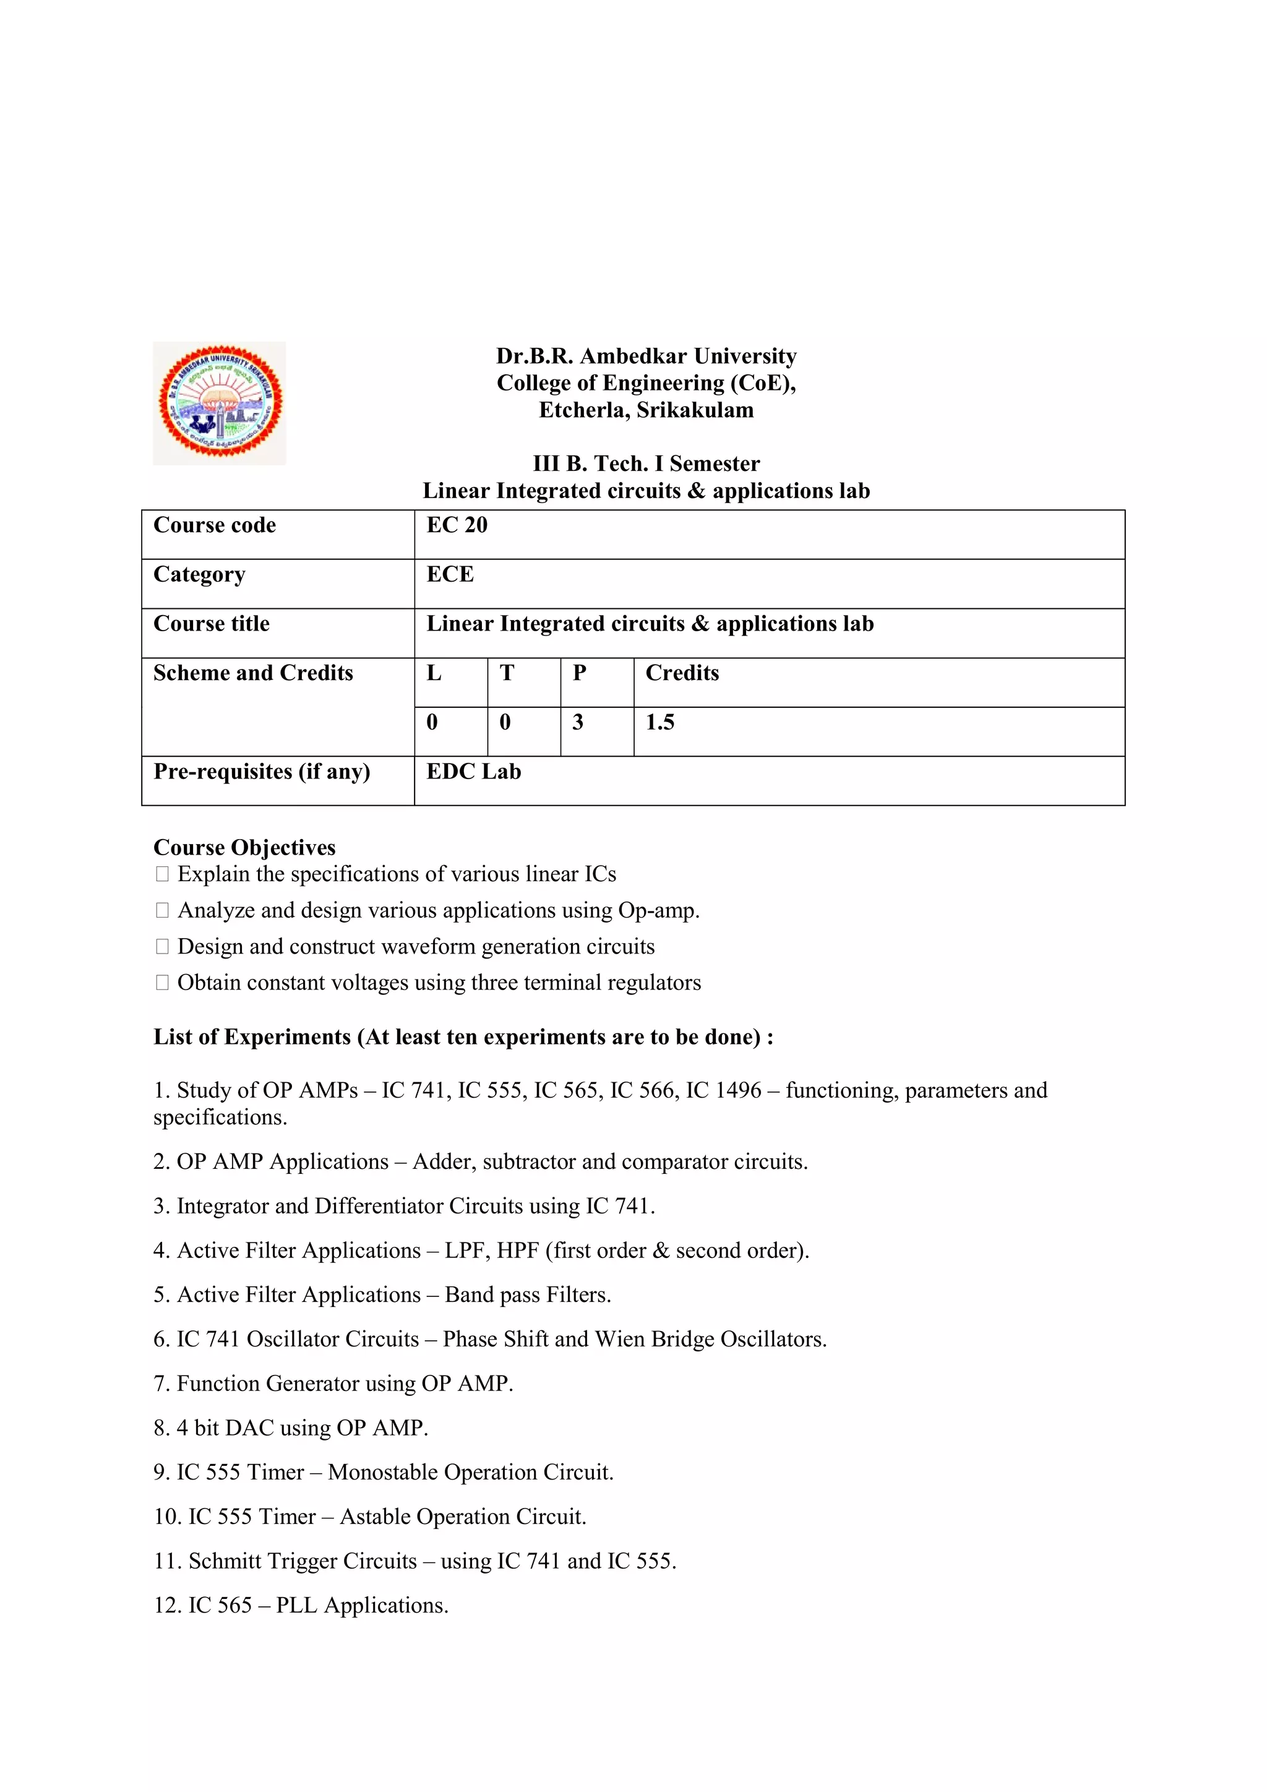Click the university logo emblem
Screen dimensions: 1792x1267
point(219,403)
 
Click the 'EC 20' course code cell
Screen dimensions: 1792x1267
point(457,525)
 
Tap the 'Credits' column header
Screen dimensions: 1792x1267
point(682,673)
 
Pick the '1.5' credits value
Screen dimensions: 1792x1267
point(659,723)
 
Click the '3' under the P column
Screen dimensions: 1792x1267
point(577,723)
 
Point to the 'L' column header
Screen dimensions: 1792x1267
point(434,673)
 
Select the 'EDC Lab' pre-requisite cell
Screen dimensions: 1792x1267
point(473,772)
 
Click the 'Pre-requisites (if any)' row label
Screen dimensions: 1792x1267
point(261,772)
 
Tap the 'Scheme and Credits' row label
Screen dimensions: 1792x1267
point(253,673)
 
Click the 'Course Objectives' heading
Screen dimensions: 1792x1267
point(244,848)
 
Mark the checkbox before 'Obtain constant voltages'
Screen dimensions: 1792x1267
point(162,983)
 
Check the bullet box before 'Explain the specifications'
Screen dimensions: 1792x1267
point(162,874)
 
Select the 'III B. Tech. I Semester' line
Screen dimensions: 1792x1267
point(646,463)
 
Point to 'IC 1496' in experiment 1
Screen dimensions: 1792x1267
point(723,1090)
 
